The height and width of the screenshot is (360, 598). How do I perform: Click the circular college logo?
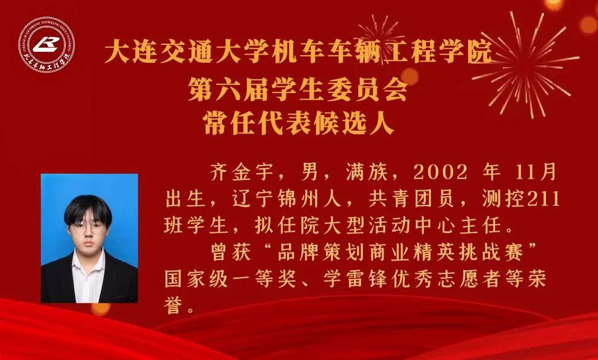point(47,45)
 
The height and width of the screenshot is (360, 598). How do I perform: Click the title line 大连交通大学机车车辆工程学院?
point(298,52)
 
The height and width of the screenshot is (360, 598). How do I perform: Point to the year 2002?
point(440,173)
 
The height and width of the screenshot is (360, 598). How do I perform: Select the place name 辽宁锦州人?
point(286,198)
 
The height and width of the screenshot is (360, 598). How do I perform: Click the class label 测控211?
point(520,198)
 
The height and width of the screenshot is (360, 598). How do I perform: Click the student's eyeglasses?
point(87,227)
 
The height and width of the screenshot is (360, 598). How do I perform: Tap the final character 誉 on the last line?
point(174,305)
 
